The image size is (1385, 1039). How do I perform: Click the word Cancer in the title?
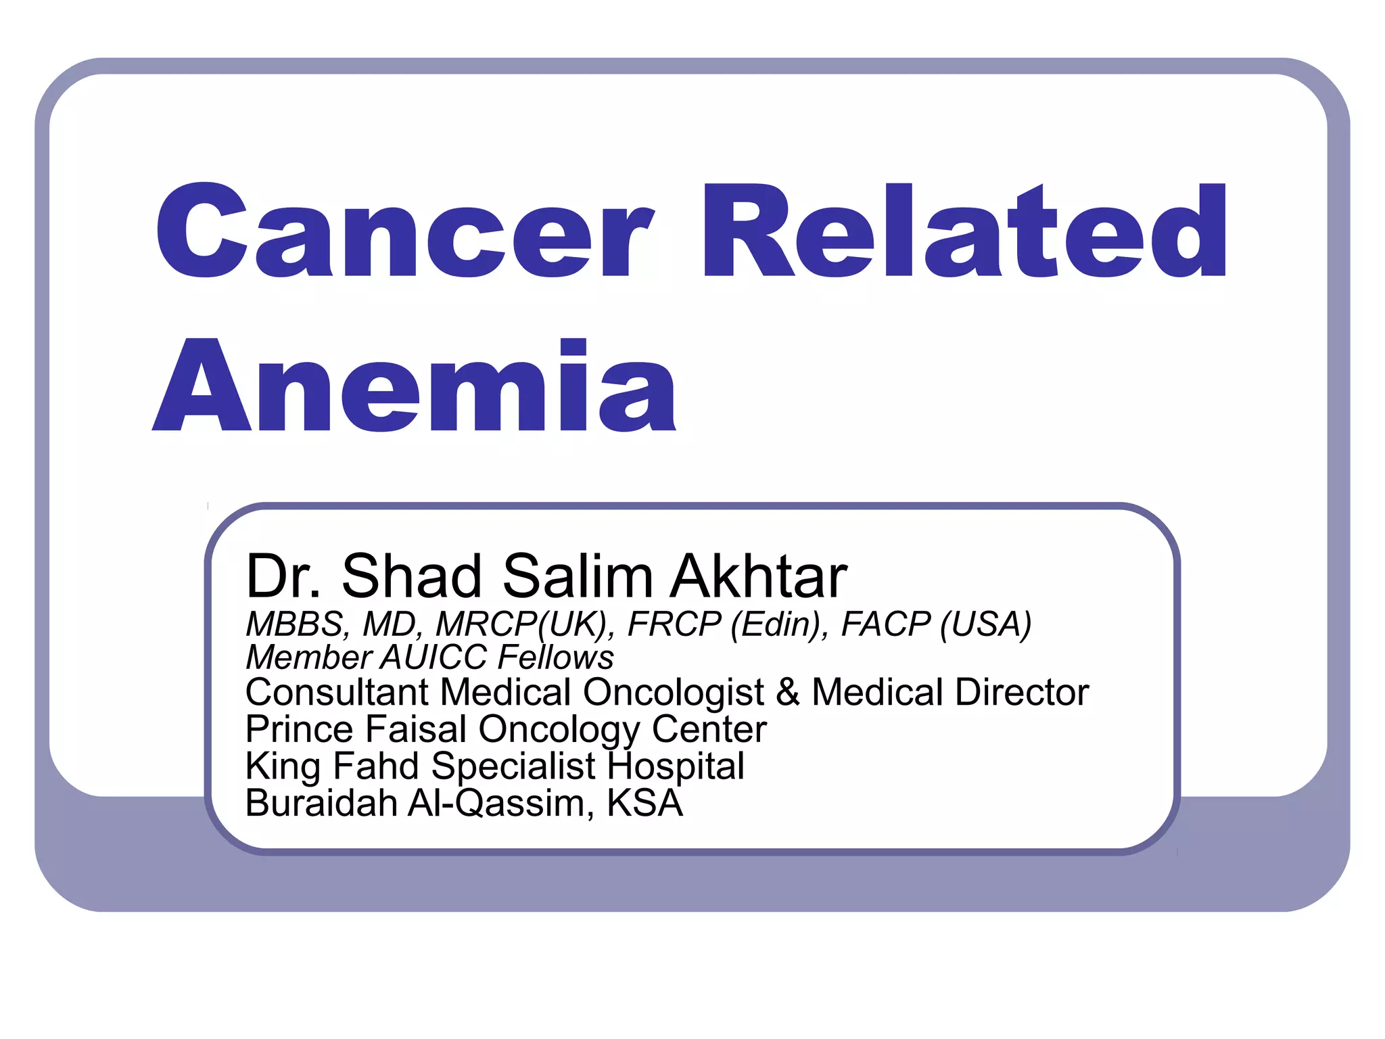404,231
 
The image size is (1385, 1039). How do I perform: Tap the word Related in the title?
964,231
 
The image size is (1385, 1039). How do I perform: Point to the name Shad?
411,576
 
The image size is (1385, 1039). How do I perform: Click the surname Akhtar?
758,576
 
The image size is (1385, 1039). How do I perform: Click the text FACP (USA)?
936,624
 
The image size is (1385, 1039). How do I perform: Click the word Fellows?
556,657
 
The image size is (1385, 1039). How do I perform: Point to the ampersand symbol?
788,692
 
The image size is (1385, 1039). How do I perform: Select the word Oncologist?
673,692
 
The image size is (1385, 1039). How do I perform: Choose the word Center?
709,729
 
